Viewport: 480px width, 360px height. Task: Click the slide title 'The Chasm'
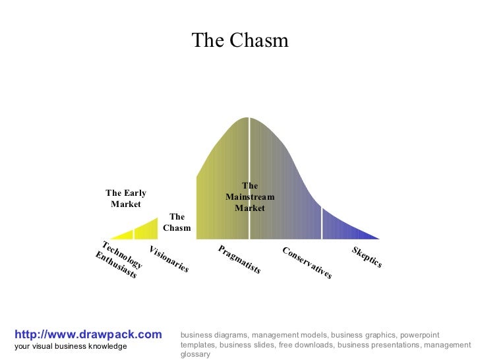click(240, 41)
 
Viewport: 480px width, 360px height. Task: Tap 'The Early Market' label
click(126, 198)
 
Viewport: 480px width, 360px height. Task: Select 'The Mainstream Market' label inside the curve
click(250, 197)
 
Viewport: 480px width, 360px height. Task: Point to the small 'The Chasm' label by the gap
click(177, 222)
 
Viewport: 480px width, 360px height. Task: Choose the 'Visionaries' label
click(169, 259)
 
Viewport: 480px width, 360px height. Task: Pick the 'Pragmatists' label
click(239, 259)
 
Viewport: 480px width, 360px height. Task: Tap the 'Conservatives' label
click(307, 262)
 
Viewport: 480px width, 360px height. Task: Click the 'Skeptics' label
click(367, 256)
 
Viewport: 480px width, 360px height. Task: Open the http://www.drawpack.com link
click(88, 335)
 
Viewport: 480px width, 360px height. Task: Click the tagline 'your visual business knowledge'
click(71, 347)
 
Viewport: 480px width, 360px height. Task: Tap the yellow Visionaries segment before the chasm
click(147, 229)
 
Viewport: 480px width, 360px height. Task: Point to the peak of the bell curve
click(249, 119)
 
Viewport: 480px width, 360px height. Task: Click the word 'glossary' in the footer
click(195, 354)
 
